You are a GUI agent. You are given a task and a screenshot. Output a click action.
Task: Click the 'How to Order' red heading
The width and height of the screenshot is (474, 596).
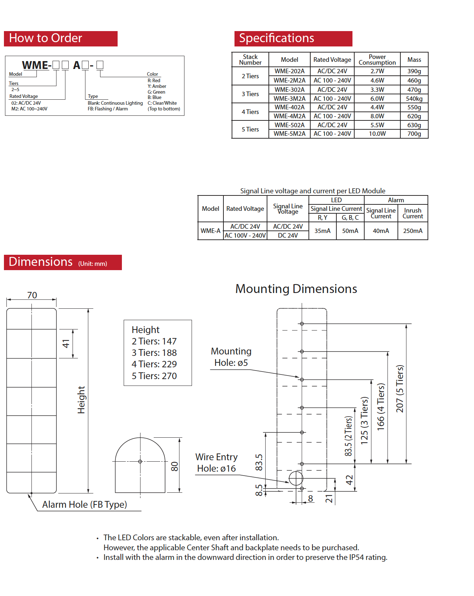[x=46, y=38]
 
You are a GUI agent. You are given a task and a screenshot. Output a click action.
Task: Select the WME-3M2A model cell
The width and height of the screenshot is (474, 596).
[x=289, y=99]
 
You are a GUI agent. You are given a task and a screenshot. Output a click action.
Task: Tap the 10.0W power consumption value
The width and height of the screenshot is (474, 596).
[x=377, y=134]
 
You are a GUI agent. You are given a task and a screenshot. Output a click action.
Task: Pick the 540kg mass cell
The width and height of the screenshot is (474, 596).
[x=414, y=99]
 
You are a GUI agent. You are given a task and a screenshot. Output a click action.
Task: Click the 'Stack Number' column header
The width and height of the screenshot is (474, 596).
[x=250, y=60]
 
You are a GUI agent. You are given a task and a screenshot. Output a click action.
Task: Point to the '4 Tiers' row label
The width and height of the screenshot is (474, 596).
[x=250, y=112]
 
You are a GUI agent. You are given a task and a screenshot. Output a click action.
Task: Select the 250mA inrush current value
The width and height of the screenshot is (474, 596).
[x=413, y=231]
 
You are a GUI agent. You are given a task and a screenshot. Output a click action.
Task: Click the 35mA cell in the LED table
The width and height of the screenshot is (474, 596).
[x=322, y=231]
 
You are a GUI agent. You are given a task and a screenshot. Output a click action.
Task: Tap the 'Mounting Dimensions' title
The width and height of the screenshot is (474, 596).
[x=296, y=289]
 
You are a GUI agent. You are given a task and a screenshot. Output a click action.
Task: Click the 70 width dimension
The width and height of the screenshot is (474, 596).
[x=32, y=295]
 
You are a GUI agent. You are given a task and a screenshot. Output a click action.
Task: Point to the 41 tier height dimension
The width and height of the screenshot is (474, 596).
[x=66, y=344]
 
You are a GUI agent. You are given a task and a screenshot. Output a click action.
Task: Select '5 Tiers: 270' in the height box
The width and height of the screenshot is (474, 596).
[x=154, y=376]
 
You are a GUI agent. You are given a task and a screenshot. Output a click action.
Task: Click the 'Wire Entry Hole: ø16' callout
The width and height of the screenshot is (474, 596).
[x=216, y=463]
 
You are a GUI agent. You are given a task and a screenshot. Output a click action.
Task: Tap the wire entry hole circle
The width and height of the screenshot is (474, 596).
[x=296, y=478]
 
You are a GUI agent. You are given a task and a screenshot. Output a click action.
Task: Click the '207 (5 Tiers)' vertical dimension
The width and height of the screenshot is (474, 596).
[x=400, y=389]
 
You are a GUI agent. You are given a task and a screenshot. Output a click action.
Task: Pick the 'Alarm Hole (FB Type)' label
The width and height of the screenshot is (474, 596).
[x=84, y=505]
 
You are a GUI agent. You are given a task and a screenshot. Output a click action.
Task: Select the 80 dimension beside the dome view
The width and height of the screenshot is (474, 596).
[x=174, y=466]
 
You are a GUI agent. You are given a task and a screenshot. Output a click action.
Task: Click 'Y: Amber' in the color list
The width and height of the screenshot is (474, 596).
[x=157, y=86]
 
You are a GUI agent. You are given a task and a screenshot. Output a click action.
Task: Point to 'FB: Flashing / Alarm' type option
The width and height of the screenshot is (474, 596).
[x=108, y=109]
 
